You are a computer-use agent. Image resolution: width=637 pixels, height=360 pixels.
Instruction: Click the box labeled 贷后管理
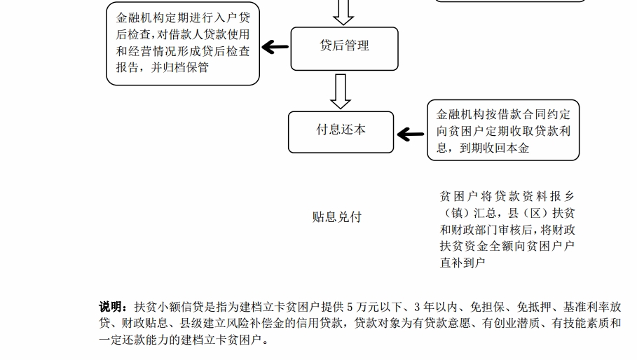pos(345,49)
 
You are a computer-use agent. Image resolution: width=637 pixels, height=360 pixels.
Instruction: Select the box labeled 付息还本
pos(341,132)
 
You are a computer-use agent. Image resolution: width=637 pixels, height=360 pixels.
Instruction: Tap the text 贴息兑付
pos(337,216)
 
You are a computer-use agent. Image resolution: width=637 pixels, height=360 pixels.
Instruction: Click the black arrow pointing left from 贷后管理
pos(275,47)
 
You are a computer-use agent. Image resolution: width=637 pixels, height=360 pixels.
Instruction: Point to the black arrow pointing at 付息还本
pos(411,134)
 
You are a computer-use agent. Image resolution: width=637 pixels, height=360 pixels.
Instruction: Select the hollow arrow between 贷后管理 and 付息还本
pos(341,91)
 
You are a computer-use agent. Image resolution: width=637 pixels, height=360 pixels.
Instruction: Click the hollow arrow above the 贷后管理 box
pos(343,12)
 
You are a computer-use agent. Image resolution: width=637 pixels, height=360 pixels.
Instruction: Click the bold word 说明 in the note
pos(110,307)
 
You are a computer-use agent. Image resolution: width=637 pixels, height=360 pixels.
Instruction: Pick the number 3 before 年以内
pos(417,307)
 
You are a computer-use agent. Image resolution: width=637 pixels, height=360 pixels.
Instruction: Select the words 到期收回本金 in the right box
pos(495,148)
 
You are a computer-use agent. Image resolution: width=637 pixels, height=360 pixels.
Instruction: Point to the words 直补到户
pos(463,263)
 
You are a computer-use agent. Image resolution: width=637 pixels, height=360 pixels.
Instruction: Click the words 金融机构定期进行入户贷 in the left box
pos(183,18)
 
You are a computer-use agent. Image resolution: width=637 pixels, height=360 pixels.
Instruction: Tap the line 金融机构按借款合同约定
pos(503,114)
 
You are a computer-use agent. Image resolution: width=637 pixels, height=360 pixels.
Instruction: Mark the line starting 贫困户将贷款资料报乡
pos(507,196)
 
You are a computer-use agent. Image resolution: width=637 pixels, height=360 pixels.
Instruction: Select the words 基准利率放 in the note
pos(592,307)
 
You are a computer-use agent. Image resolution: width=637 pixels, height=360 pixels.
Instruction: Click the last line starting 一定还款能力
pos(184,340)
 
